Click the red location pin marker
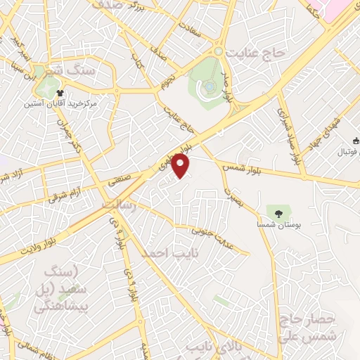[x=181, y=167]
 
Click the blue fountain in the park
[x=210, y=86]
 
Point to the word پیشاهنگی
[x=63, y=307]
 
